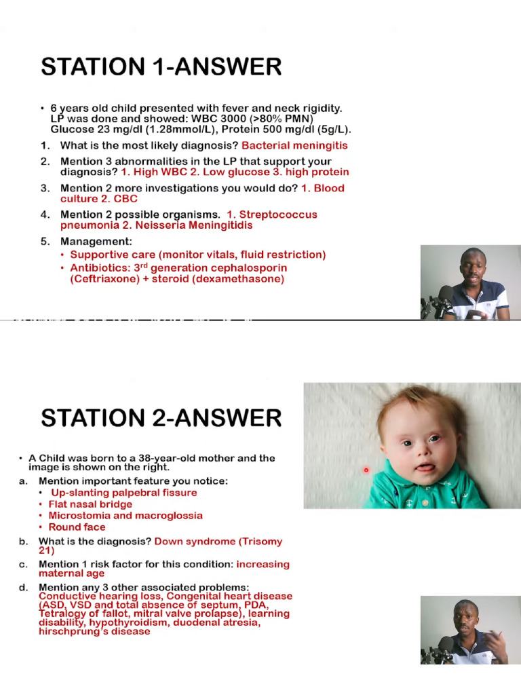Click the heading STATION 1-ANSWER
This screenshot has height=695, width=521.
161,67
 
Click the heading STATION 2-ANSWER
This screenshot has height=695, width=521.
161,418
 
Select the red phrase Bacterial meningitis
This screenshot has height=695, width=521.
294,145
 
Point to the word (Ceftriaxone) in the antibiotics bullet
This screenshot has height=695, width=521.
102,279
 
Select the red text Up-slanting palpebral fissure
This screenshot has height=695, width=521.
124,493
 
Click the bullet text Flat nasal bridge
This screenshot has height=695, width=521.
90,504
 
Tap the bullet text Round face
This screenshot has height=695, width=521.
77,527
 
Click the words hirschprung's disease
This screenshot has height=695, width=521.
94,631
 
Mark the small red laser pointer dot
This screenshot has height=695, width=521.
366,470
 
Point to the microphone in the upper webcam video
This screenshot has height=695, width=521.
444,295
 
